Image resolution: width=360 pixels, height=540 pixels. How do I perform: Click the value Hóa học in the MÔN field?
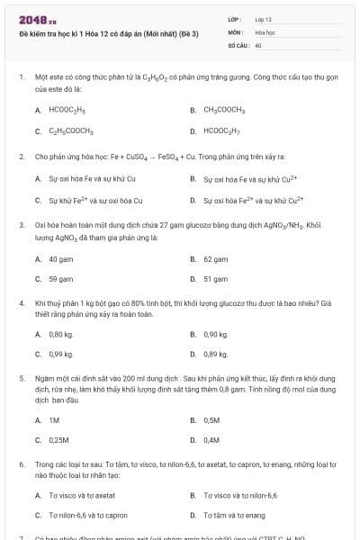pyautogui.click(x=264, y=31)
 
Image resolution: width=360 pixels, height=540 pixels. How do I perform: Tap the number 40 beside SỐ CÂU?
pyautogui.click(x=258, y=44)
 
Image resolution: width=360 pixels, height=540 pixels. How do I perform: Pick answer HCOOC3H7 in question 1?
pyautogui.click(x=220, y=131)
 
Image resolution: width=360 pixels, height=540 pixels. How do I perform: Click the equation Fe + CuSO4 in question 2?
pyautogui.click(x=137, y=156)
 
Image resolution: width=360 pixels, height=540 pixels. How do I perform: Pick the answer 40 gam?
pyautogui.click(x=59, y=258)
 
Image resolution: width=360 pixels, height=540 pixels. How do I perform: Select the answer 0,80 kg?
pyautogui.click(x=60, y=334)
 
